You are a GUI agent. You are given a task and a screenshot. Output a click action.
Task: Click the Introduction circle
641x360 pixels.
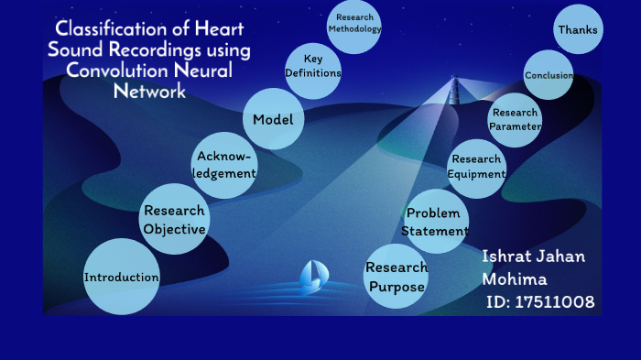(122, 277)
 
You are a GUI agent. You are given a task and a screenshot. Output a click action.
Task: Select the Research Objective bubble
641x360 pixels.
(174, 221)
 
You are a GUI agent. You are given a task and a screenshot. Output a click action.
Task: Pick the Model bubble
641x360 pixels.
(273, 120)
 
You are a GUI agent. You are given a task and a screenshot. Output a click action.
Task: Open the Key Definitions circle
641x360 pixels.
(313, 67)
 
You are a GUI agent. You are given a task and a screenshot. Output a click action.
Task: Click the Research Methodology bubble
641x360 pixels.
(353, 24)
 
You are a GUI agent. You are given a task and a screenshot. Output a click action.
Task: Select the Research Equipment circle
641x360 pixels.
(476, 167)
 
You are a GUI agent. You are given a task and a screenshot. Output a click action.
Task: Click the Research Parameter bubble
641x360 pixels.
(514, 120)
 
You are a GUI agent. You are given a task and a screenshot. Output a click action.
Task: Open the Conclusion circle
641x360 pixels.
(549, 76)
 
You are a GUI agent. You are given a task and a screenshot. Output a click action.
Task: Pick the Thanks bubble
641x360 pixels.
(578, 30)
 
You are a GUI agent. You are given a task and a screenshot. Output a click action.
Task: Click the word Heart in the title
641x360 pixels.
(216, 29)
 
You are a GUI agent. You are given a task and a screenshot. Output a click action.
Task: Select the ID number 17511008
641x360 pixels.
(553, 302)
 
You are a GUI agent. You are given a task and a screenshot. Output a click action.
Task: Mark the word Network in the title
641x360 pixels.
(149, 91)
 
